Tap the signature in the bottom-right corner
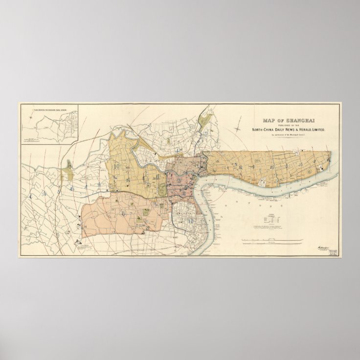tap(322, 248)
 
